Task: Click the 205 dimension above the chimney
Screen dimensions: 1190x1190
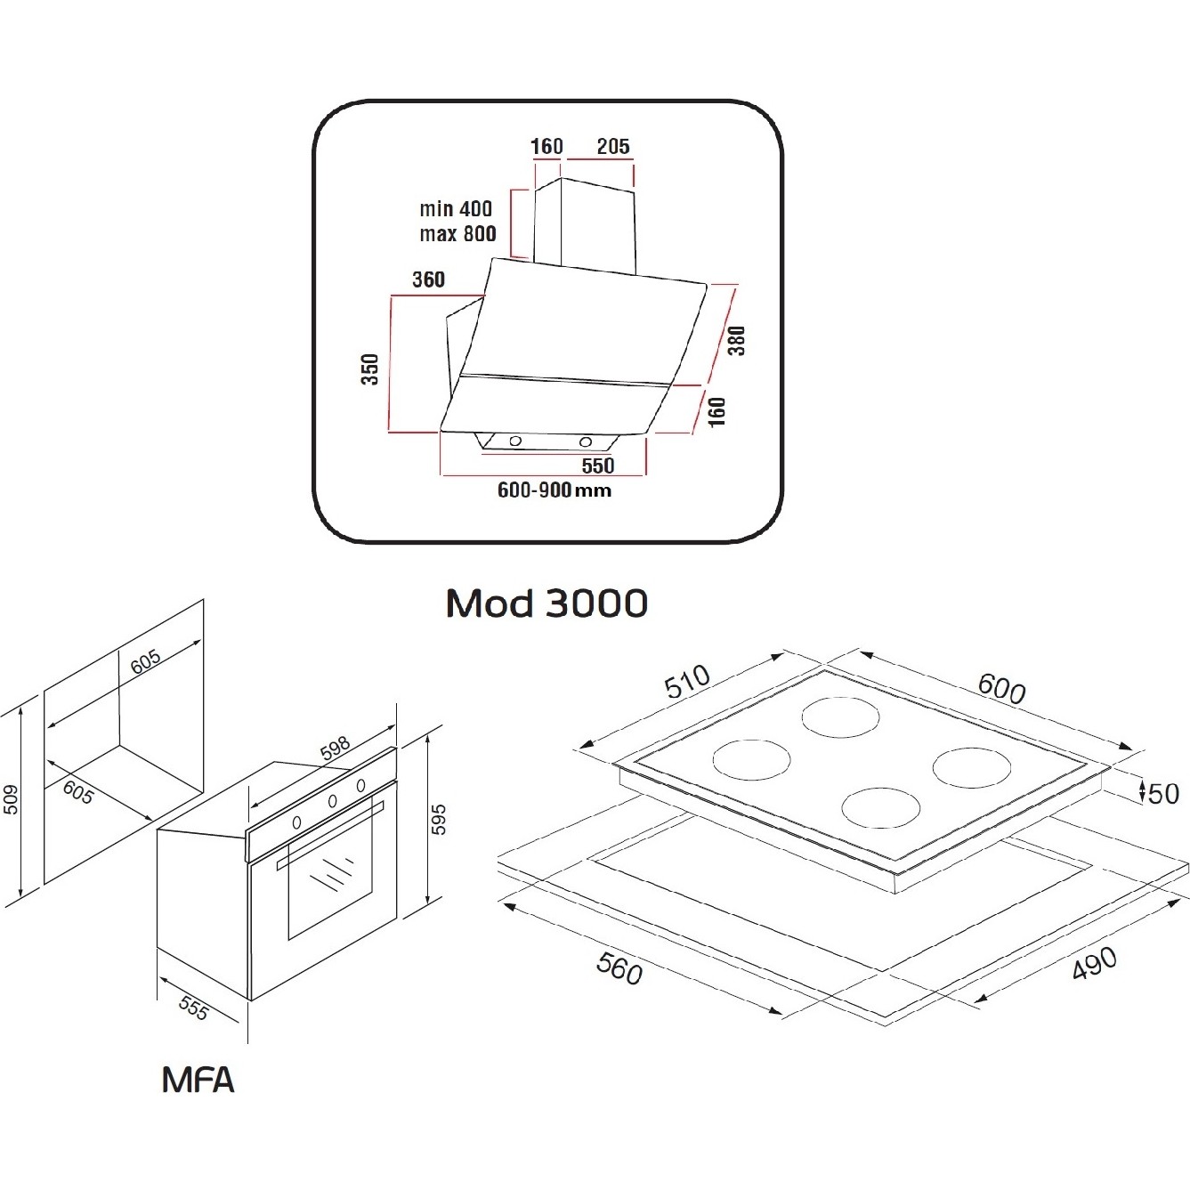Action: tap(612, 146)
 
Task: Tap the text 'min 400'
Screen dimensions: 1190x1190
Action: tap(455, 209)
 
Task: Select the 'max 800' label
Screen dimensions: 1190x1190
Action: tap(457, 234)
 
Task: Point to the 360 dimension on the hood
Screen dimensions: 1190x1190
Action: tap(428, 279)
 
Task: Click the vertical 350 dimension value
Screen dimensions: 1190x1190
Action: tap(370, 368)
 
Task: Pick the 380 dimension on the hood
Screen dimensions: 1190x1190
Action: tap(736, 340)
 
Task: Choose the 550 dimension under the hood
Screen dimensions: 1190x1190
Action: tap(598, 465)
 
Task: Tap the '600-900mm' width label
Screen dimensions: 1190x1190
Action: tap(555, 490)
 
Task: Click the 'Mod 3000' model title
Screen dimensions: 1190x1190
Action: tap(546, 603)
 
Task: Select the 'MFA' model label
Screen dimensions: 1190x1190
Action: tap(198, 1080)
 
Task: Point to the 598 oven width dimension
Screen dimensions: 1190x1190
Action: tap(335, 749)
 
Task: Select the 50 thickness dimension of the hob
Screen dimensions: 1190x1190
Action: tap(1162, 792)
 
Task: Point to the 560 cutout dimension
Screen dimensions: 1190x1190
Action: tap(619, 968)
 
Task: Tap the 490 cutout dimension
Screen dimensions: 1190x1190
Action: tap(1093, 963)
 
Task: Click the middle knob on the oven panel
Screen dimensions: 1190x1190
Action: tap(331, 800)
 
